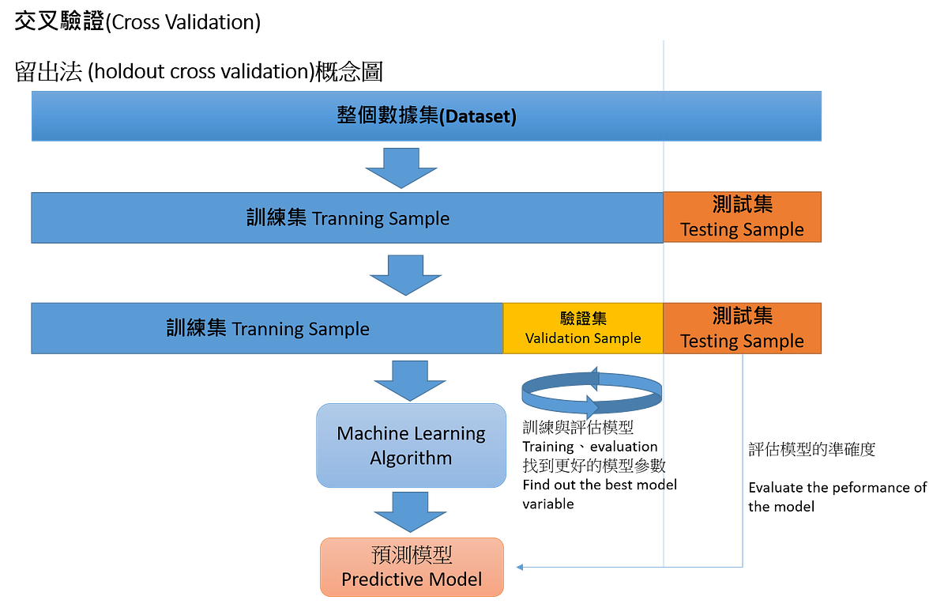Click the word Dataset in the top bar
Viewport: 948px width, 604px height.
tap(477, 117)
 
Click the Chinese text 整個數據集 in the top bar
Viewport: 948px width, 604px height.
tap(386, 116)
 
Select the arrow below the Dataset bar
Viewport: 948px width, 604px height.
tap(401, 167)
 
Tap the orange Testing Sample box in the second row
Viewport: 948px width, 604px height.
tap(743, 217)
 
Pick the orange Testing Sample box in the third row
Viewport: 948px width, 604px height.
tap(743, 328)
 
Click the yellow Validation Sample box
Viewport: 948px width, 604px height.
tap(583, 328)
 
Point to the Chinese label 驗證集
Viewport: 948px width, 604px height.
tap(583, 319)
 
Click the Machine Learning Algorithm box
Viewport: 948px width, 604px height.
tap(411, 445)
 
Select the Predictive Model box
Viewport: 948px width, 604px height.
tap(412, 568)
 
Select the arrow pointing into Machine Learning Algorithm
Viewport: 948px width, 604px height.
tap(409, 379)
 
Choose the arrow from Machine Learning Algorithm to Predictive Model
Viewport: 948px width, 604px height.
tap(411, 512)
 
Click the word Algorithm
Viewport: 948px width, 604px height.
tap(411, 459)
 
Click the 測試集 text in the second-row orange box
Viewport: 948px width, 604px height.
tap(743, 204)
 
